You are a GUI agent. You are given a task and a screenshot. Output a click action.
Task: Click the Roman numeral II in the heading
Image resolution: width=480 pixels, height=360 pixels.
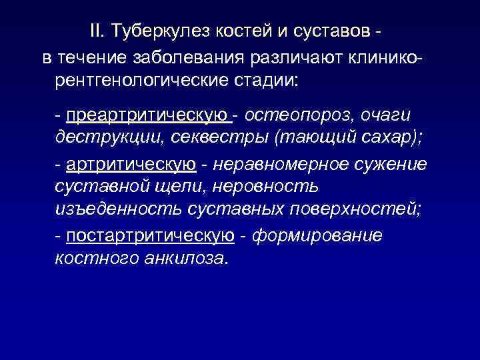coord(99,31)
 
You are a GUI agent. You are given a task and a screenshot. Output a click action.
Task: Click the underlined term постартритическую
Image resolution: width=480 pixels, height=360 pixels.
coord(150,235)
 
